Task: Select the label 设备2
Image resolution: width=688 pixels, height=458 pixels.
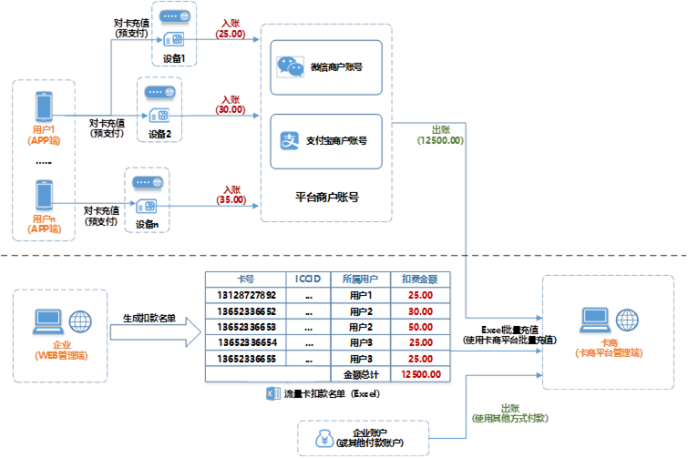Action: (159, 134)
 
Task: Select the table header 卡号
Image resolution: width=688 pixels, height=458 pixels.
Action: (245, 279)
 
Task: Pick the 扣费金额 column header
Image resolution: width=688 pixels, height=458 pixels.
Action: (420, 279)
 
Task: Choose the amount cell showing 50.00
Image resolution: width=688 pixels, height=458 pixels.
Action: (420, 326)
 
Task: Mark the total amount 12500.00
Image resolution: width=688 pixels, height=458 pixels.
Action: (420, 373)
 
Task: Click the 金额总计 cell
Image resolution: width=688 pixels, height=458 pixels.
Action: (359, 373)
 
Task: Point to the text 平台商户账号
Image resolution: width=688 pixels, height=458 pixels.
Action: (326, 197)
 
